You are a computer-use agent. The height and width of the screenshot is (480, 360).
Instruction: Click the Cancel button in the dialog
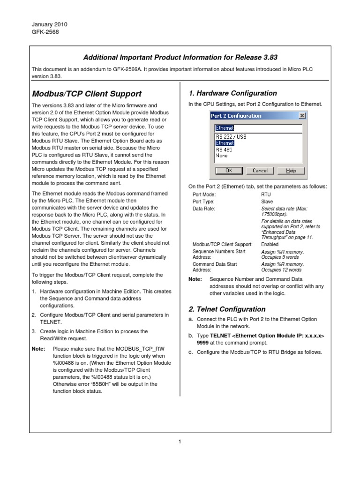click(260, 171)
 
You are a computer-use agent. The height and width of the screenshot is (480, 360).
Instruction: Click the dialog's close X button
click(301, 116)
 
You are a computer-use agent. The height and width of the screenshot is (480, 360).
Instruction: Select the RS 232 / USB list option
click(231, 137)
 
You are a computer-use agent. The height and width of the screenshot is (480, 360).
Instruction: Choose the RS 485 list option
click(225, 149)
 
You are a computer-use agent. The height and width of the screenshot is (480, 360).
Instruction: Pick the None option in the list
click(222, 155)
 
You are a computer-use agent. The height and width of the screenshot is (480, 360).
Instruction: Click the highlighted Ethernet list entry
click(225, 143)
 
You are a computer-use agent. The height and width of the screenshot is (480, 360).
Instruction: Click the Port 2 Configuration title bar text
click(236, 116)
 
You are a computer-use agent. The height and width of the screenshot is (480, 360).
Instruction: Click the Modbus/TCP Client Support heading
click(86, 94)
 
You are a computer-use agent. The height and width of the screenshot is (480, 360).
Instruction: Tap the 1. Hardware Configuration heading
click(232, 93)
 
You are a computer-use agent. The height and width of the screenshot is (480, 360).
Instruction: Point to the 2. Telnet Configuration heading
click(227, 309)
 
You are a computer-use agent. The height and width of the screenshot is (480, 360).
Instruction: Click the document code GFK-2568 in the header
click(45, 32)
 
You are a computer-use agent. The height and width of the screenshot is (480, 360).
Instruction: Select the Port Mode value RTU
click(266, 194)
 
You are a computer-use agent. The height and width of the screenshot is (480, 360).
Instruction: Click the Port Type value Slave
click(267, 202)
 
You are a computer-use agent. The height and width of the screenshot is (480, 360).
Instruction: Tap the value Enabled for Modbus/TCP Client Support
click(270, 244)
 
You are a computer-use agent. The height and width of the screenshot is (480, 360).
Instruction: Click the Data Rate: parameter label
click(204, 209)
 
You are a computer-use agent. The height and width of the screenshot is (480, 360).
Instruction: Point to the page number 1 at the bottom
click(180, 441)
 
